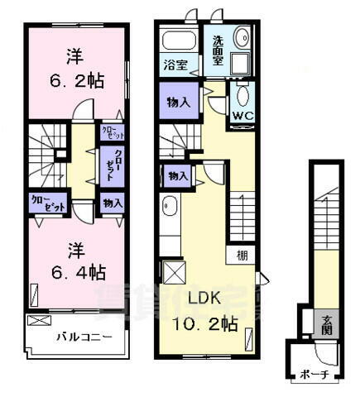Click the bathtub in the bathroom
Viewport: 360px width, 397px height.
point(179,41)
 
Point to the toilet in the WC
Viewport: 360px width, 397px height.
point(242,92)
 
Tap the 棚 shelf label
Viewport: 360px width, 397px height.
point(241,255)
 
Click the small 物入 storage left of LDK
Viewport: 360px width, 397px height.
point(178,176)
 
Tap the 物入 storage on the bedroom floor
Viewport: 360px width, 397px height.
point(113,203)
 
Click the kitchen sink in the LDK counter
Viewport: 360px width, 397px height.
point(168,206)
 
